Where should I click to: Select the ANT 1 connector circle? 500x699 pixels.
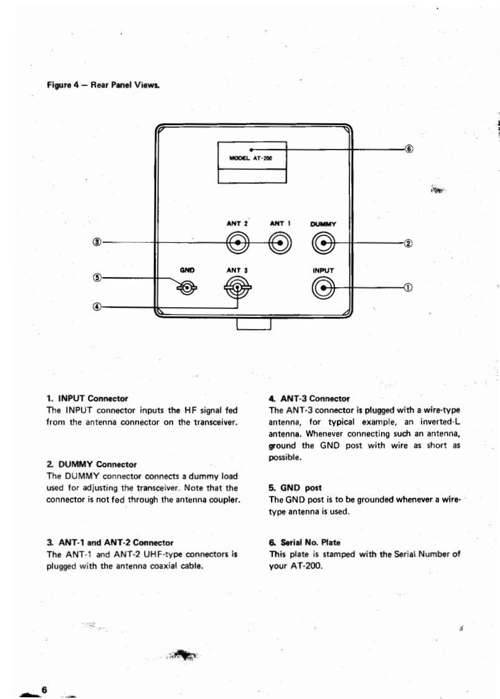pos(280,243)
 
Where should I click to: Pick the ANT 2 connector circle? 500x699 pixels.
pos(237,243)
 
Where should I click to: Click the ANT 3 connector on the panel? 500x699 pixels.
pos(237,287)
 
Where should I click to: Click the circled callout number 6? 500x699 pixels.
pos(408,150)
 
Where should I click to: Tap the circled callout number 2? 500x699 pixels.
pos(408,243)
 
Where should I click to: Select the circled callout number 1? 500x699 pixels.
pos(408,287)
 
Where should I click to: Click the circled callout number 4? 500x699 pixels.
pos(97,307)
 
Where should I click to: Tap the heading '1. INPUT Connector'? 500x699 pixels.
pos(87,397)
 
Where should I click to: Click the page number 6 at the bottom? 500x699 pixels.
pos(44,688)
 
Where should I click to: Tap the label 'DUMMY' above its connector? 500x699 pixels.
pos(323,224)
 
